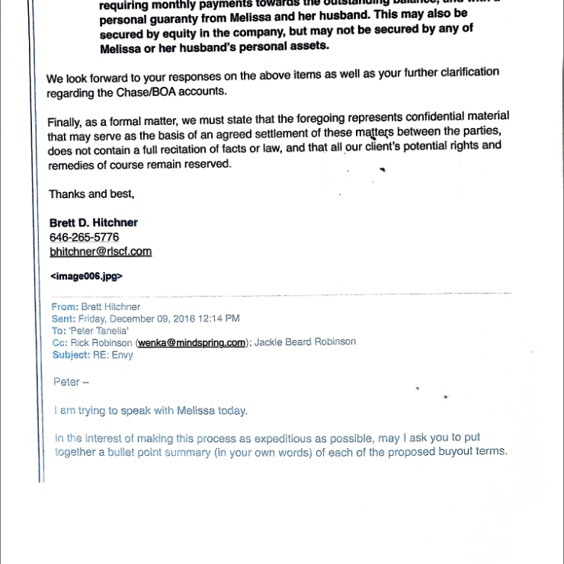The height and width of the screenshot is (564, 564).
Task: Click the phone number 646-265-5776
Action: coord(84,237)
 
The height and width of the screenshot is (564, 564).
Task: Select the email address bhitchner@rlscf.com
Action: coord(100,251)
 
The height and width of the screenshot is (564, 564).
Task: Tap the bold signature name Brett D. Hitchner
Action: coord(93,223)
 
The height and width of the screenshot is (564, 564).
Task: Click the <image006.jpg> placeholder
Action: coord(85,276)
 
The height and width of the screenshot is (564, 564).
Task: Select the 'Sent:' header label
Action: coord(63,319)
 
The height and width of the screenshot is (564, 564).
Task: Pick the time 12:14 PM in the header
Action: coord(219,319)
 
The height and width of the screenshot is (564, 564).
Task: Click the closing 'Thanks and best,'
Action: coord(91,194)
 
